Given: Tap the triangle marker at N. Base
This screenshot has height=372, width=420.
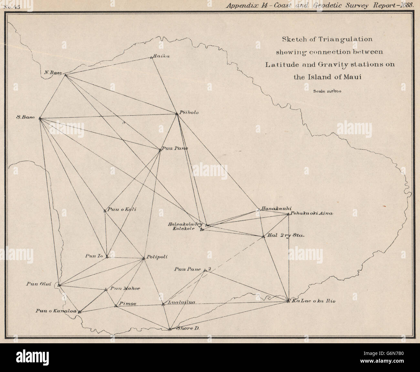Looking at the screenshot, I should tap(66, 75).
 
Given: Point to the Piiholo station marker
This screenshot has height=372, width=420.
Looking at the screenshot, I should tap(177, 114).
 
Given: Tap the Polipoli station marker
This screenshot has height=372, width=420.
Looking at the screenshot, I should tap(144, 258).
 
